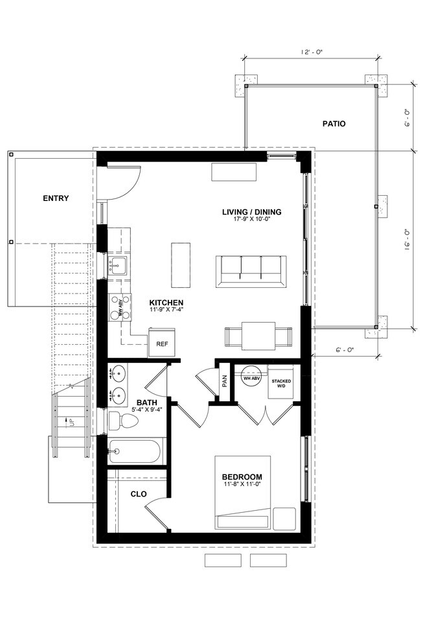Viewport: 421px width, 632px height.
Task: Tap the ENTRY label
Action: [x=56, y=198]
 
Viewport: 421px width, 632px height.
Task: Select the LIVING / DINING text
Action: [x=252, y=212]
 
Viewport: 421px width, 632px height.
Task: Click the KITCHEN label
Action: [x=166, y=303]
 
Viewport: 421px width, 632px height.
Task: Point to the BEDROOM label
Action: [x=243, y=476]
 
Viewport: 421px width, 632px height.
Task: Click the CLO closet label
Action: [x=139, y=494]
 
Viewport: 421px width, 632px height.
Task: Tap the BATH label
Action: [x=146, y=402]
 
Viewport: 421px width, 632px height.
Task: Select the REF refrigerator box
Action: [x=161, y=344]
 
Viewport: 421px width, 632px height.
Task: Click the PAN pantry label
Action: [x=224, y=380]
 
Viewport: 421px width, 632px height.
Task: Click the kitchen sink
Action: [x=118, y=265]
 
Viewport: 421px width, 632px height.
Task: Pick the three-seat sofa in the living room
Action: [x=251, y=271]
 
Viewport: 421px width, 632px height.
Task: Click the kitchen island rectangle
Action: [x=181, y=264]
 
